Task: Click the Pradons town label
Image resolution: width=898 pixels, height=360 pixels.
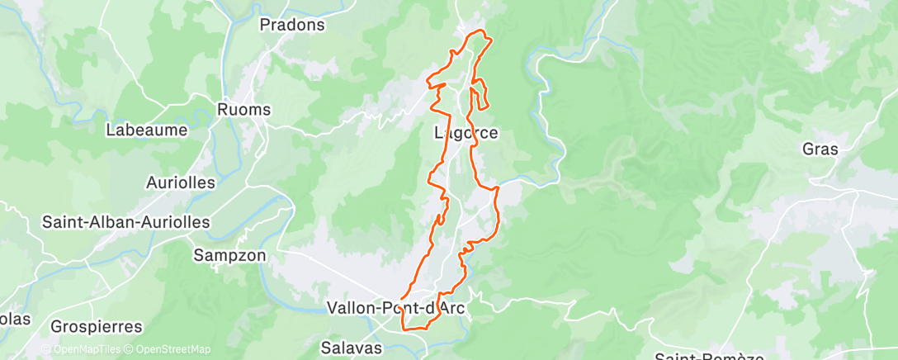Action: (292, 25)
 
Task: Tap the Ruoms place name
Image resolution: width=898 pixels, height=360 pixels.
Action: (243, 109)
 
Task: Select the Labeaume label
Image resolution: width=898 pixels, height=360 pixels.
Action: (147, 130)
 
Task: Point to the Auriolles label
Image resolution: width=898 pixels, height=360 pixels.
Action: (180, 182)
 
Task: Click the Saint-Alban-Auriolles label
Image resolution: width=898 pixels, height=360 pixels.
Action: (126, 222)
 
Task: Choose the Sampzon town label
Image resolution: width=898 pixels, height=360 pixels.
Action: (229, 255)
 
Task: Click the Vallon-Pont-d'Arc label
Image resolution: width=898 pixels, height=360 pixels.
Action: (396, 308)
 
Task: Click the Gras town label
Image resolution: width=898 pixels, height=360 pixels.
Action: (820, 149)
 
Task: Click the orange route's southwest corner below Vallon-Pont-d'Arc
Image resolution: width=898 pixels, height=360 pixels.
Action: (404, 328)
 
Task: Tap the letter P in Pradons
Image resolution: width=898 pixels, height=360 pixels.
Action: (265, 25)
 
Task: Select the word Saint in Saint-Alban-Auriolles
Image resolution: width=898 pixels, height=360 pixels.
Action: (62, 222)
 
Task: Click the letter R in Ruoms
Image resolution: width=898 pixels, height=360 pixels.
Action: (222, 109)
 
